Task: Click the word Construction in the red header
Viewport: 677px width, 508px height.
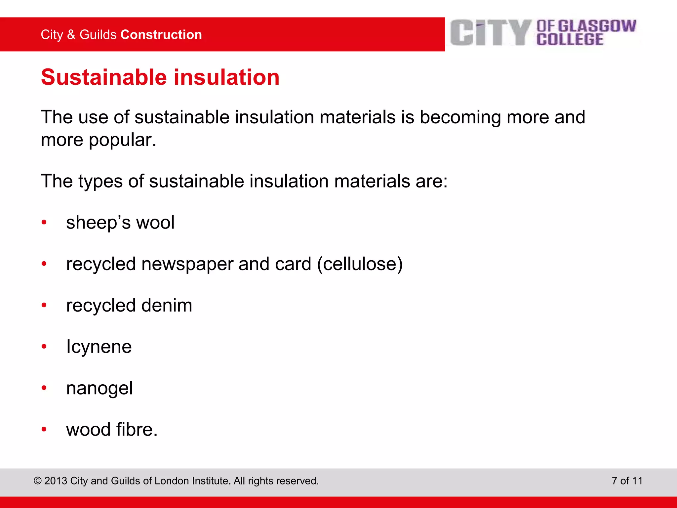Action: click(161, 35)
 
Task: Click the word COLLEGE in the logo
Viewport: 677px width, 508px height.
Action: click(570, 39)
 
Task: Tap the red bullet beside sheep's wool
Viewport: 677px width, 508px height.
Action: click(44, 223)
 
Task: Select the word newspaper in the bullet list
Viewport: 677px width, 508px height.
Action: click(187, 264)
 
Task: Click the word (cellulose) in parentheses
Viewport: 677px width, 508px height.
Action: click(360, 264)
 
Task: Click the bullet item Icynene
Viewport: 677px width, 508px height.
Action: click(99, 347)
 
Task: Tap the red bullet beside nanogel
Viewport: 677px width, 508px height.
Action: click(44, 388)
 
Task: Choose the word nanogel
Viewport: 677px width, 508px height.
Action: click(99, 388)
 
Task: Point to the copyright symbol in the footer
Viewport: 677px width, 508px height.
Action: click(38, 481)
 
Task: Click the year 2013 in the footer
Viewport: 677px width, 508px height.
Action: click(56, 481)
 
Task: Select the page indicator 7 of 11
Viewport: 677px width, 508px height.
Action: click(627, 481)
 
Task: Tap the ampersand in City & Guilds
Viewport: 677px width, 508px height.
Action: click(71, 35)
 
